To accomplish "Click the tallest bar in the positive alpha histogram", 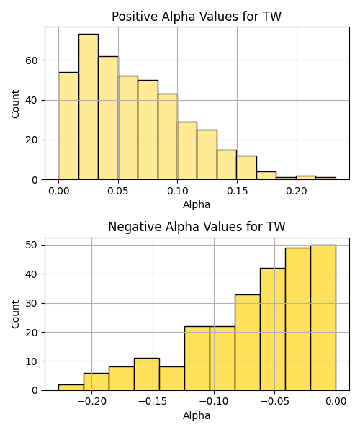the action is point(89,107).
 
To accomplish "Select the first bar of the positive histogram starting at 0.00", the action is point(68,126).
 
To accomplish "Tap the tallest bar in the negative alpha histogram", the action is point(323,318).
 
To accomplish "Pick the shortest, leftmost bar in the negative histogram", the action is point(71,387).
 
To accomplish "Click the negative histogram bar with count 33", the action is point(248,343).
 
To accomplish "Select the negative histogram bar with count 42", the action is point(273,329).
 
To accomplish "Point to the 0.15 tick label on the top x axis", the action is point(237,191).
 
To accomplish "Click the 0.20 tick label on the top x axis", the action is point(297,191).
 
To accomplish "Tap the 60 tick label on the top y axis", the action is point(32,60).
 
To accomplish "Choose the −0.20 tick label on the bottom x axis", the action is point(91,401).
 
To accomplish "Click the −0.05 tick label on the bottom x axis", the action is point(274,401).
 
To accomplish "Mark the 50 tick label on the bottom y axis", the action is point(32,245).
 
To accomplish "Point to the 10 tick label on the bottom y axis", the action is point(32,361).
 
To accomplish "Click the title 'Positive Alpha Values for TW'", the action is point(197,17).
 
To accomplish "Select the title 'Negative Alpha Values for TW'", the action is point(197,227).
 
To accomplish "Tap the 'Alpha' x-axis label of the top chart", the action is point(197,204).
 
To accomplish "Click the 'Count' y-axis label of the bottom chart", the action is point(15,314).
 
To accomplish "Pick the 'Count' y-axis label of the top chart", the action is point(15,104).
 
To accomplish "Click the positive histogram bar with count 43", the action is point(168,137).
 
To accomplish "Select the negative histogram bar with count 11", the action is point(147,374).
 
